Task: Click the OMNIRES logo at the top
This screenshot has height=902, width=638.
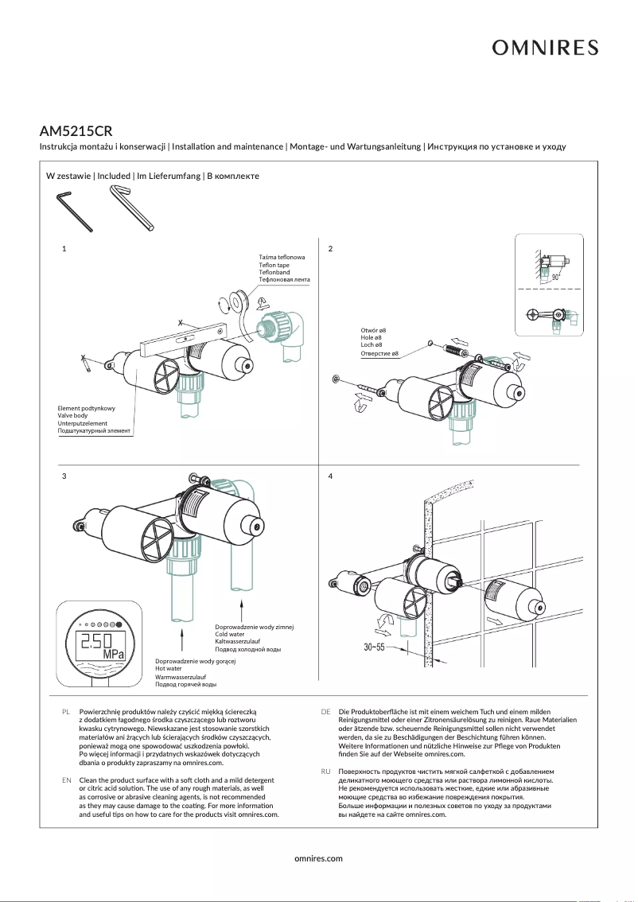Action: (x=545, y=49)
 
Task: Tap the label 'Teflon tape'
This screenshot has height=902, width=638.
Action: (x=274, y=265)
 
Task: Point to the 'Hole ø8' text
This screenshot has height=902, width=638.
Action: (x=373, y=337)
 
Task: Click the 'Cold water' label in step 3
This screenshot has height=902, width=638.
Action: (x=231, y=634)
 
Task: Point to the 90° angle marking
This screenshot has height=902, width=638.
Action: (x=556, y=278)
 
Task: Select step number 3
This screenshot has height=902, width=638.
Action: (x=64, y=476)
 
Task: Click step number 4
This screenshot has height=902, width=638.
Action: (x=330, y=476)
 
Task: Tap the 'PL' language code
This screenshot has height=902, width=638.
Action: (x=67, y=711)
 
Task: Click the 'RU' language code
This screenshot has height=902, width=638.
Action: (x=326, y=772)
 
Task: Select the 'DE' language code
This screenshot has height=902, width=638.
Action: (x=326, y=711)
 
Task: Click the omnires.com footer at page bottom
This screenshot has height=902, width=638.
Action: (x=318, y=858)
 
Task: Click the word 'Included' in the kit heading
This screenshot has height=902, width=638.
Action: (x=114, y=176)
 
